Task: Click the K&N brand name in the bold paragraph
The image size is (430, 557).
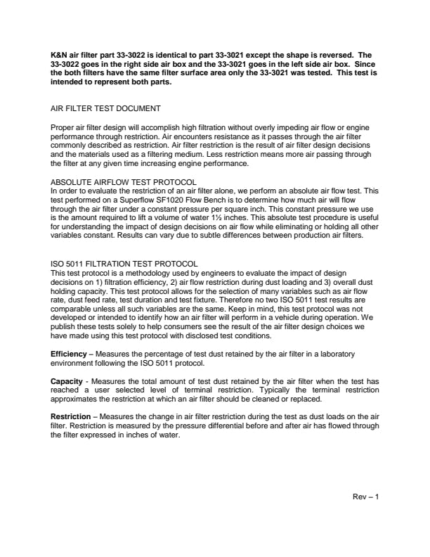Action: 59,54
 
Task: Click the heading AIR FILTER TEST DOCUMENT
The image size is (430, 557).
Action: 106,108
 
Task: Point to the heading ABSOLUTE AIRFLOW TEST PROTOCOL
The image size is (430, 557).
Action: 124,182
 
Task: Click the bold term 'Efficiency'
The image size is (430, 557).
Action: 69,352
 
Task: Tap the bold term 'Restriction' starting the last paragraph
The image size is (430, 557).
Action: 71,417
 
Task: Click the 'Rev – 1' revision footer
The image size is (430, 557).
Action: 365,497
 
